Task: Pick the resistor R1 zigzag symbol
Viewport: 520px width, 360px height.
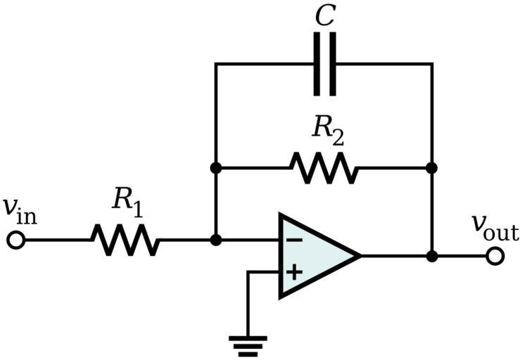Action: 125,240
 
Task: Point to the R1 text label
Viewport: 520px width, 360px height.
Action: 127,202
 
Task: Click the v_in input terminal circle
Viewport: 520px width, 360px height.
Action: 15,240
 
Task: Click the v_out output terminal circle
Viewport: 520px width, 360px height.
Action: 495,256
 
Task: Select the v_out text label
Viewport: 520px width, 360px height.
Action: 495,227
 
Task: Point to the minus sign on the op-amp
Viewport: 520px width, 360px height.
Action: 293,240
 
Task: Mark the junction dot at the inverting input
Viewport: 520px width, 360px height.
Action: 216,240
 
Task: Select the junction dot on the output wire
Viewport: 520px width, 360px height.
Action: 432,256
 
